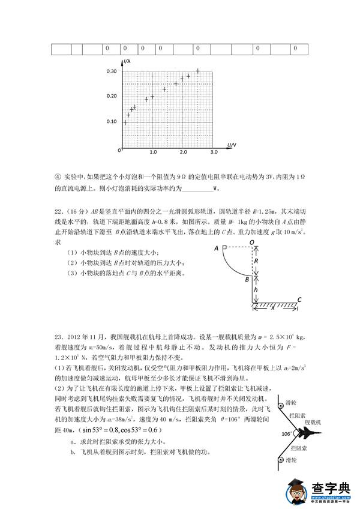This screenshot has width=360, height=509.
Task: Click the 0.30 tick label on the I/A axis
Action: click(x=111, y=71)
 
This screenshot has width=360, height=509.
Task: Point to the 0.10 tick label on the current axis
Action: click(x=111, y=122)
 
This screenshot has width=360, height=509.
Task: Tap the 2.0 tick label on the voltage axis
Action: click(x=183, y=153)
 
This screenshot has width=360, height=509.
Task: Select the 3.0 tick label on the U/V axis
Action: click(x=214, y=153)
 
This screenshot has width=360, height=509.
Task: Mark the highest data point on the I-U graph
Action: click(x=198, y=71)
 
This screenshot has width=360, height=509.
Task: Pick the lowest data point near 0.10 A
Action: click(x=125, y=123)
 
